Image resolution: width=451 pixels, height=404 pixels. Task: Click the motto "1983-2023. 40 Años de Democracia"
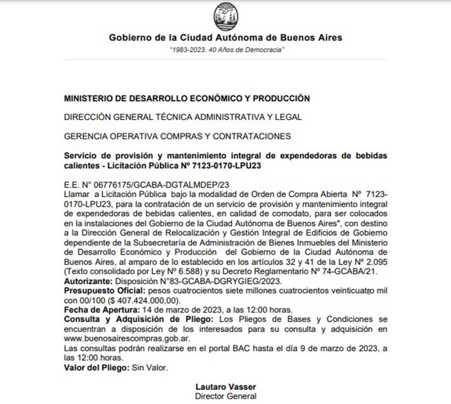pyautogui.click(x=225, y=50)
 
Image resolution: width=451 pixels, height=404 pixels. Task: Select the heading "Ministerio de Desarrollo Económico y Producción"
pyautogui.click(x=187, y=98)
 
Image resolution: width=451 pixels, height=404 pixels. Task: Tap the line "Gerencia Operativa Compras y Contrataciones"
pyautogui.click(x=177, y=136)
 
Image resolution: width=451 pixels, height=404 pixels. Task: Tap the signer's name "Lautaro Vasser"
pyautogui.click(x=225, y=387)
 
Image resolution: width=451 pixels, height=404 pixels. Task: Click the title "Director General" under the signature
pyautogui.click(x=225, y=396)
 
